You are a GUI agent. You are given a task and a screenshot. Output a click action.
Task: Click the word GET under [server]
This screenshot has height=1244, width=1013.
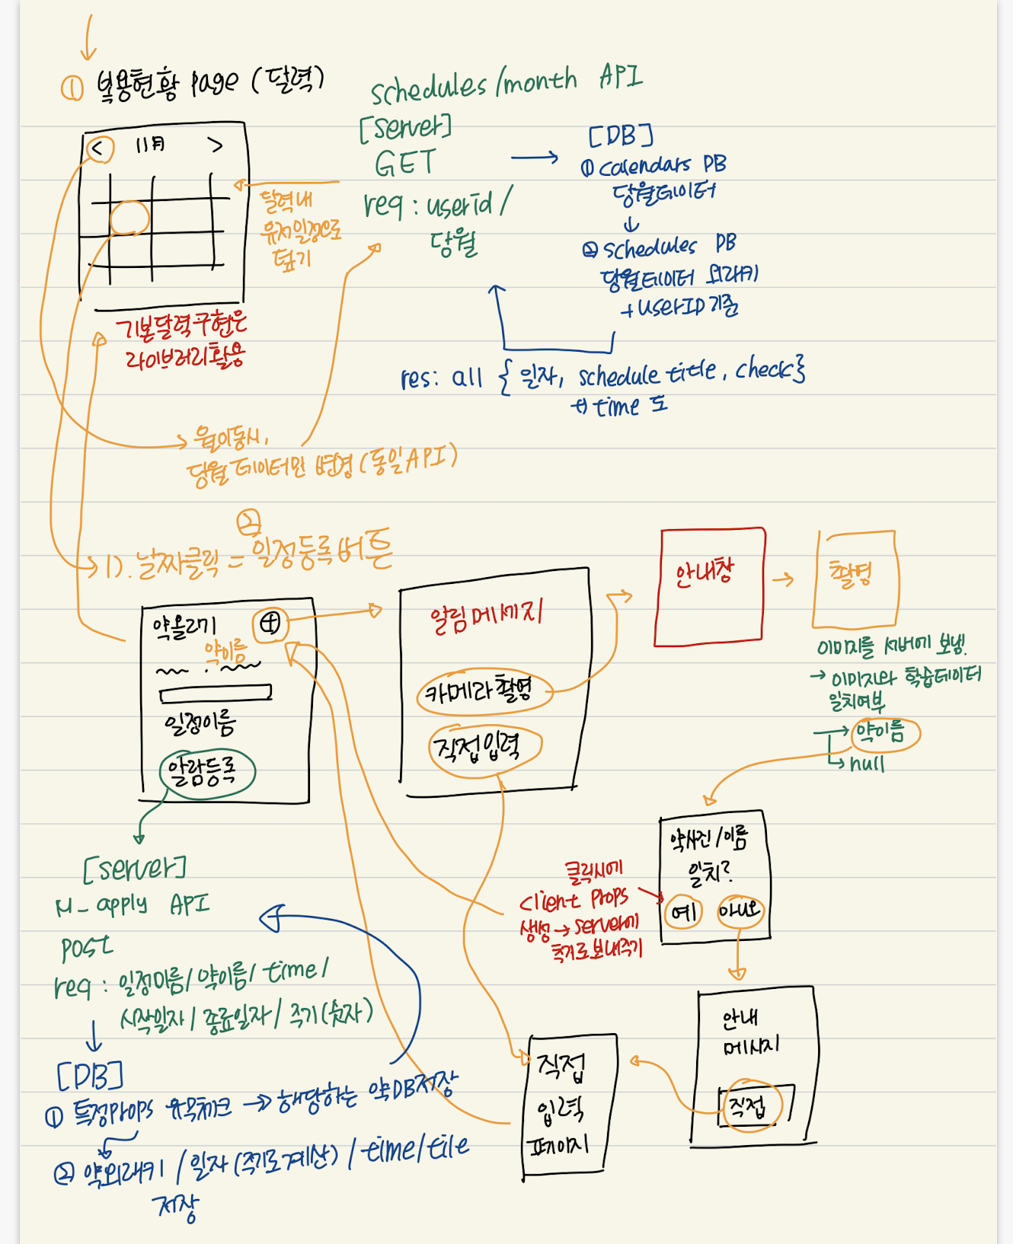(x=404, y=163)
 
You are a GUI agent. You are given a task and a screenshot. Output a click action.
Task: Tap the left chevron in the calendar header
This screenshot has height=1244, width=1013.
(x=98, y=148)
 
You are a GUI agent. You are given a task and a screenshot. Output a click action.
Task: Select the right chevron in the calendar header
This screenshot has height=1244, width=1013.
(x=216, y=145)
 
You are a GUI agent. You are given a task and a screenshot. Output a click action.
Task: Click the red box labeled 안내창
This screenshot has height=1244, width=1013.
(x=711, y=587)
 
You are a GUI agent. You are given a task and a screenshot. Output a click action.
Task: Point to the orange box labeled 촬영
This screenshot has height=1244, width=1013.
(x=855, y=579)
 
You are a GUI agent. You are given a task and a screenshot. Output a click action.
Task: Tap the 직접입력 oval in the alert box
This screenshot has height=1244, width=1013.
(x=484, y=749)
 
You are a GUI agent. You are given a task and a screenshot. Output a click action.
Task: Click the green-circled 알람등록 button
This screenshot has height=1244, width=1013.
(x=206, y=773)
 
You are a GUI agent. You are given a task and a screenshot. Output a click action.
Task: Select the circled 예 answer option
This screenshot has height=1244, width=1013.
(x=683, y=911)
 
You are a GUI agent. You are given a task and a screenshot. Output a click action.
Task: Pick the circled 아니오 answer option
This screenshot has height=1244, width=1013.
(x=740, y=911)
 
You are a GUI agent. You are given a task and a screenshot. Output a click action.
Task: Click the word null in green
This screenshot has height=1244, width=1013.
(x=867, y=764)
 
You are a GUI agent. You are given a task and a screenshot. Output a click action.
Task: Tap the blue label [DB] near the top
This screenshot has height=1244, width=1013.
(x=621, y=136)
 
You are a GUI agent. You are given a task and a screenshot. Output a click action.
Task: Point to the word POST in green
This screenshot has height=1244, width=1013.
(x=86, y=948)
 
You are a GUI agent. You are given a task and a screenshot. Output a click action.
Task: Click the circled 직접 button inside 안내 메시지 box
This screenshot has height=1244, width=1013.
(x=749, y=1106)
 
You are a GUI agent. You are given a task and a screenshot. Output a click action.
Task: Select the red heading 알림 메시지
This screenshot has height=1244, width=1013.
(x=486, y=614)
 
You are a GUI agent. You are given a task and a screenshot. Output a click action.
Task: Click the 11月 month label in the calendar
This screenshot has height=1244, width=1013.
(x=150, y=144)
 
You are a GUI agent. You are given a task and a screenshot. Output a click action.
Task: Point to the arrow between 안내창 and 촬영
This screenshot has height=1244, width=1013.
(x=783, y=581)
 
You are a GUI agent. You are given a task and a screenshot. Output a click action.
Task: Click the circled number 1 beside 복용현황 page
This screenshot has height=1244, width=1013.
(x=72, y=88)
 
